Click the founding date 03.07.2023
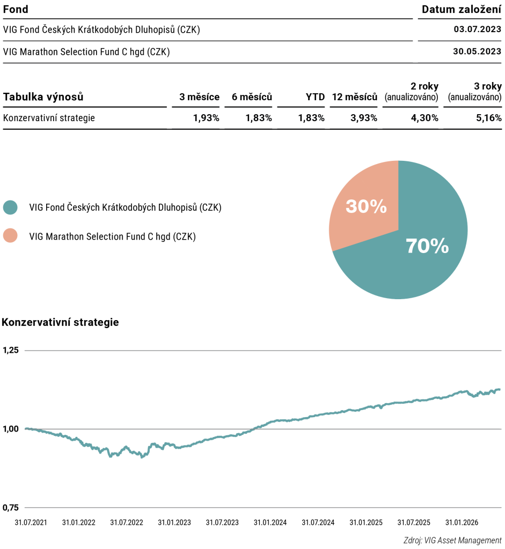click(477, 29)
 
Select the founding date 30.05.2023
click(477, 51)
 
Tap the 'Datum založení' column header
click(461, 10)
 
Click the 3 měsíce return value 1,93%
click(206, 118)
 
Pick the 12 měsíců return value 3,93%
click(364, 118)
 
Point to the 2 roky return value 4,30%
click(425, 118)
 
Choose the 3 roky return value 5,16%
click(488, 118)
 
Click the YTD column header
click(315, 97)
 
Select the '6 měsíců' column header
click(252, 97)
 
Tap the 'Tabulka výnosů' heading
click(43, 97)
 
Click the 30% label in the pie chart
click(366, 206)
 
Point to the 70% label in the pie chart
click(427, 246)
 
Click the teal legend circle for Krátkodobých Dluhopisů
click(10, 207)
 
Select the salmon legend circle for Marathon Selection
click(10, 236)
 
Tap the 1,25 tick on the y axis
click(11, 350)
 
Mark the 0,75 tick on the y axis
click(11, 508)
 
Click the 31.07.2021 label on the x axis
click(31, 523)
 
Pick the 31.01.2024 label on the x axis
click(270, 523)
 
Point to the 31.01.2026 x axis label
click(462, 523)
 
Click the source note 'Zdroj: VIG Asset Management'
click(452, 540)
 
